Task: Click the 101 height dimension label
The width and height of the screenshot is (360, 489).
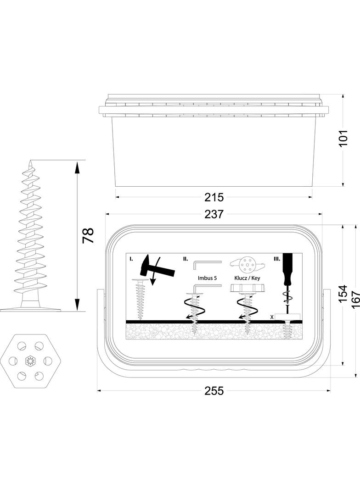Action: tap(343, 138)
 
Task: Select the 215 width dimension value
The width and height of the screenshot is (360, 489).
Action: tap(214, 197)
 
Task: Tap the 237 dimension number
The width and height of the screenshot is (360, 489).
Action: tap(214, 214)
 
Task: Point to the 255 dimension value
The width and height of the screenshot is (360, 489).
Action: tap(214, 391)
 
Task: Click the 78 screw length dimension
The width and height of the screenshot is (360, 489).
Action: tap(88, 236)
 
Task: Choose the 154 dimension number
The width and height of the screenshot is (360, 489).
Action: tap(343, 294)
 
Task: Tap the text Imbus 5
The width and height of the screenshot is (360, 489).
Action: tap(207, 278)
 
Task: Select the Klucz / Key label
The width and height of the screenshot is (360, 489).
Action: tap(247, 278)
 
